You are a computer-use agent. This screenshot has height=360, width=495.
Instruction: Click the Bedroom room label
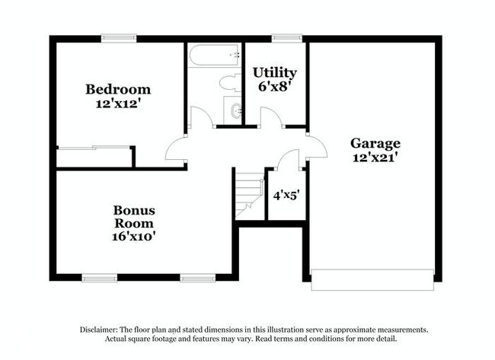pyautogui.click(x=117, y=89)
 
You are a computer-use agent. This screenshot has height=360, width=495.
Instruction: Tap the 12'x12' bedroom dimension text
pyautogui.click(x=117, y=104)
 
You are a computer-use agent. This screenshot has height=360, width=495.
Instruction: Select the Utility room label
pyautogui.click(x=274, y=73)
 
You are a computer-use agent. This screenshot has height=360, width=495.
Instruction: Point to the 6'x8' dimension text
pyautogui.click(x=274, y=87)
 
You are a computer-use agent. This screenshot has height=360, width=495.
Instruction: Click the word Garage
pyautogui.click(x=375, y=142)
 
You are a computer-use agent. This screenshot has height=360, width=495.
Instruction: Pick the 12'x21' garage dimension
pyautogui.click(x=375, y=158)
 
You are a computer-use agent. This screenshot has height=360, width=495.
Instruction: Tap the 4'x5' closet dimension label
pyautogui.click(x=286, y=195)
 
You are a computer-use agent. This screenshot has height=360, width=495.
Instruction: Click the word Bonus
pyautogui.click(x=134, y=210)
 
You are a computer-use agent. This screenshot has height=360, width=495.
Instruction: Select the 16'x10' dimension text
pyautogui.click(x=134, y=237)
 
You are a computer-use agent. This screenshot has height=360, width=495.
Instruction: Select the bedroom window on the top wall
pyautogui.click(x=120, y=37)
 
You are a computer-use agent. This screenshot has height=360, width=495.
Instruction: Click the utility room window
pyautogui.click(x=287, y=37)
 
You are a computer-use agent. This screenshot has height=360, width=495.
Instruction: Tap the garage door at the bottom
pyautogui.click(x=372, y=279)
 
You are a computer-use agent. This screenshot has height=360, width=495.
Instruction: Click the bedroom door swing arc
pyautogui.click(x=174, y=148)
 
